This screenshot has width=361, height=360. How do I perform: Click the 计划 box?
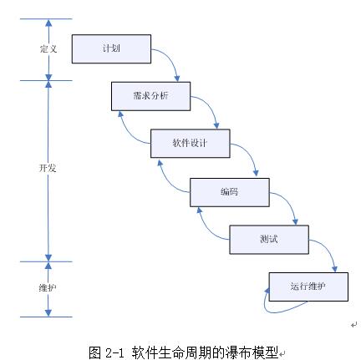[x=111, y=49]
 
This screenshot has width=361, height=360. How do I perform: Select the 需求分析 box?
[x=150, y=96]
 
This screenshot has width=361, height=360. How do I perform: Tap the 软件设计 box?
[x=191, y=144]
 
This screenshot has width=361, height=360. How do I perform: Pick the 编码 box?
[x=230, y=192]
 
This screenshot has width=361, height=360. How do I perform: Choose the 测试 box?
[x=269, y=240]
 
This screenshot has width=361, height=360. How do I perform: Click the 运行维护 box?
[x=308, y=286]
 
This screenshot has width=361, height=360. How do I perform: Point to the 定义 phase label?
[x=48, y=49]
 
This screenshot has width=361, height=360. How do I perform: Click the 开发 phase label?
[x=48, y=168]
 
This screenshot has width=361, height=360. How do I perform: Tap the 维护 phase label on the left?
[x=48, y=287]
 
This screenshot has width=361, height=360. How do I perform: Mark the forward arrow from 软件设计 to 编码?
[x=250, y=153]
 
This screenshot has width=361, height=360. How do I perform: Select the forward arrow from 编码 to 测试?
[x=290, y=202]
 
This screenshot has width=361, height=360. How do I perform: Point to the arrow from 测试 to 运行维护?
[x=329, y=249]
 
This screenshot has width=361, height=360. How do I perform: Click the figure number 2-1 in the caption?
[x=114, y=352]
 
